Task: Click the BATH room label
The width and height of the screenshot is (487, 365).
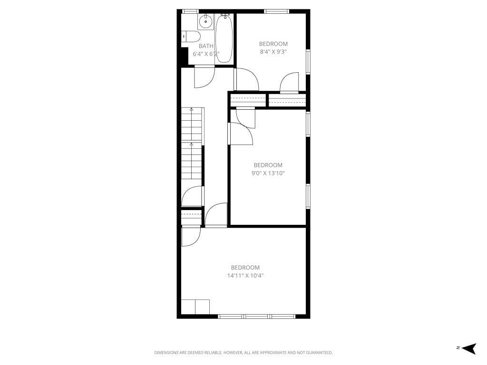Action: tap(206, 46)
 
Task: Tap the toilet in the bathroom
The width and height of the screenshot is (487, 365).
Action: tap(191, 37)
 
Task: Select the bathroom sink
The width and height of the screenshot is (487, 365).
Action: tap(206, 21)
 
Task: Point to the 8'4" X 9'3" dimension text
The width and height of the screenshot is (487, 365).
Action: tap(273, 51)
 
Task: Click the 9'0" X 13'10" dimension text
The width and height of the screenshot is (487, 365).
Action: tap(268, 173)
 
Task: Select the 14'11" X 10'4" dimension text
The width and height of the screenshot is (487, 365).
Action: tap(245, 276)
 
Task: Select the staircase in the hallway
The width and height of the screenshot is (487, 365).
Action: tap(192, 143)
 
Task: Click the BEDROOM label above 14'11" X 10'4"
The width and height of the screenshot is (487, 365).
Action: tap(245, 268)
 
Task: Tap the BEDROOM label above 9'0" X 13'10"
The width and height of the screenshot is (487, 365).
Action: tap(268, 165)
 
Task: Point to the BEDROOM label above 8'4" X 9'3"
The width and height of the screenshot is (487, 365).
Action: tap(273, 44)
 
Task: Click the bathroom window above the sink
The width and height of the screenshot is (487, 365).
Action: tap(190, 11)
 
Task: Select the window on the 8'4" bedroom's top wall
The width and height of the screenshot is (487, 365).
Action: tap(277, 11)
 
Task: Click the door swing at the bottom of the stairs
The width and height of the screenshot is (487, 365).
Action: tap(193, 197)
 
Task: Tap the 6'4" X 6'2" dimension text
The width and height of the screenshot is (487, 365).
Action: tap(205, 54)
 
